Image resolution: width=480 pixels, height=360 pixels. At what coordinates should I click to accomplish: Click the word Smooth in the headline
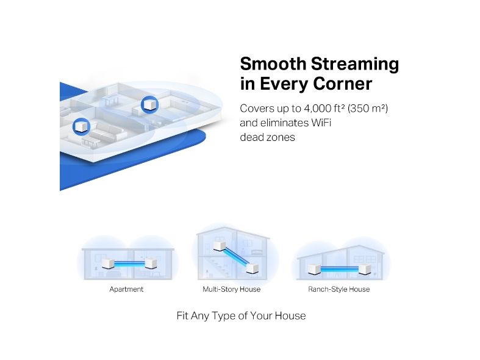[273, 63]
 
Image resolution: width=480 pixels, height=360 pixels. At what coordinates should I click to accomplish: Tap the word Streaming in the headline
[355, 65]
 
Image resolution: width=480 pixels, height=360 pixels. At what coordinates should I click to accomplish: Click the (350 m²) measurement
[367, 109]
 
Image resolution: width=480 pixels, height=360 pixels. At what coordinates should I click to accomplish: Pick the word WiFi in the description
[321, 123]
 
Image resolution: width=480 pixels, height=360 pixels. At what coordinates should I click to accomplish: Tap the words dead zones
[267, 137]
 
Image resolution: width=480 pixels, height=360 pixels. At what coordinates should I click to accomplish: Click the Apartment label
[126, 289]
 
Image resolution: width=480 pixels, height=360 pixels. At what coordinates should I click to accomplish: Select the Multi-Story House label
[231, 289]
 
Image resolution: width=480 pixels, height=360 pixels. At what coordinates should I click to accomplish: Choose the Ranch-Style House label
[339, 289]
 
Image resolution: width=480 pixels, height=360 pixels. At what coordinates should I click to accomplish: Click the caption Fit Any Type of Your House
[242, 315]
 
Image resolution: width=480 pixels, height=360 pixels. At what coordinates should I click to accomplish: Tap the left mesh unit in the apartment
[108, 264]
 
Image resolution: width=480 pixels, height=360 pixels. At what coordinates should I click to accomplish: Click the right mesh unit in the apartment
[151, 263]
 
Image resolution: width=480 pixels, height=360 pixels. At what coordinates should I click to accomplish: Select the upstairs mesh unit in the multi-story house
[219, 246]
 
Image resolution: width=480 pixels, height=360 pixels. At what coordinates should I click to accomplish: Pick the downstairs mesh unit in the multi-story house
[253, 268]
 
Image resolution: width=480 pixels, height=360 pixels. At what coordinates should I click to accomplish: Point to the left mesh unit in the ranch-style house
[314, 269]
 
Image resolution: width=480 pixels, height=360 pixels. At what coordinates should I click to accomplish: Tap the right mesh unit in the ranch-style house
[365, 269]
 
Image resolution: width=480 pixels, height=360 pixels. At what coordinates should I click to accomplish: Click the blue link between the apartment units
[129, 264]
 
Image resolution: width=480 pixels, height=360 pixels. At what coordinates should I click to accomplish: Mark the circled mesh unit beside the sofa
[82, 126]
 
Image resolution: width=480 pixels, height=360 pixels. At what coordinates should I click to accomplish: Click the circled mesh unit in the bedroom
[149, 104]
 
